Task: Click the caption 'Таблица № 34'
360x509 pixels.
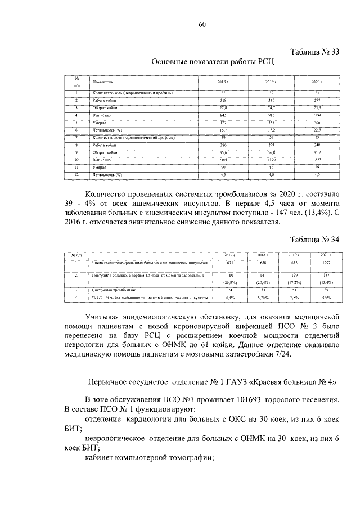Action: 315,239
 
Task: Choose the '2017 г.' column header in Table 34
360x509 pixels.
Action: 229,255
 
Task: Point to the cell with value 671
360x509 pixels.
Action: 229,263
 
